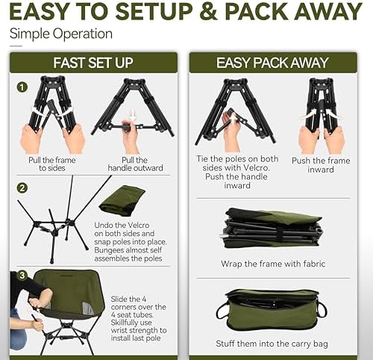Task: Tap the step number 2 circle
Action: tap(22, 187)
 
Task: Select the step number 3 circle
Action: tap(22, 276)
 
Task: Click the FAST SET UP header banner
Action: tap(93, 62)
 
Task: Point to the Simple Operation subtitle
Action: tap(61, 34)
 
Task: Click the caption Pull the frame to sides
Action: tap(52, 163)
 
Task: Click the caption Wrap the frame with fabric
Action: tap(274, 264)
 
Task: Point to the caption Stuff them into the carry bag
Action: tap(274, 344)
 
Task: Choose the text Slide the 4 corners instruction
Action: tap(140, 314)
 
